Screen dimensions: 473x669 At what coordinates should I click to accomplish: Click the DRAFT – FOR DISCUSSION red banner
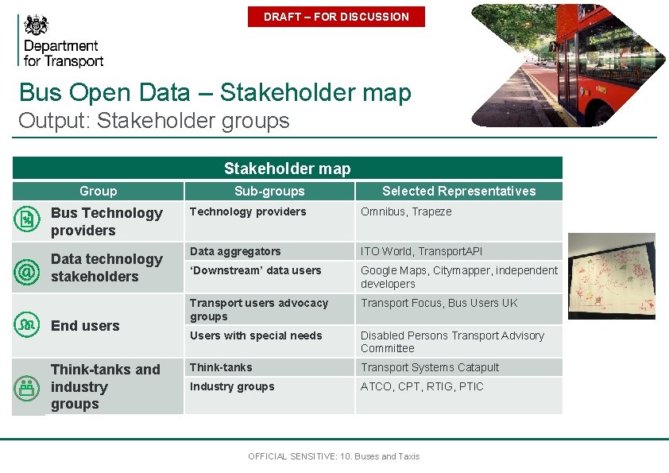(336, 17)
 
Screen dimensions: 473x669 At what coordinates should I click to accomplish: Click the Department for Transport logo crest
(37, 25)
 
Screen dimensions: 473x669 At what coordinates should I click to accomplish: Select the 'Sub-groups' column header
(269, 191)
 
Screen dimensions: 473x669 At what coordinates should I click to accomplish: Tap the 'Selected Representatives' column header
(458, 191)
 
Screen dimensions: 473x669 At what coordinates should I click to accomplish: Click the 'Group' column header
(98, 191)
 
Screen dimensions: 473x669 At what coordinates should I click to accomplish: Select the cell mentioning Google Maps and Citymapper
(458, 277)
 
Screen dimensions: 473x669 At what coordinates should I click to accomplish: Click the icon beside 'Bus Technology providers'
(27, 220)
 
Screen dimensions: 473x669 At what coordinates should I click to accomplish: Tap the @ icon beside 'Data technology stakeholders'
(27, 272)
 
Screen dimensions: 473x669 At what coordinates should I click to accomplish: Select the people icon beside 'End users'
(27, 324)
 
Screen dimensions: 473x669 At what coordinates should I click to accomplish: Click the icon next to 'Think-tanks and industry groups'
(27, 387)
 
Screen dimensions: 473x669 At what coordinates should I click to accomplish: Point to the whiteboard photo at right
(611, 276)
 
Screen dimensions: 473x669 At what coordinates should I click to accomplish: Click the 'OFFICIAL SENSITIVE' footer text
(334, 456)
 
